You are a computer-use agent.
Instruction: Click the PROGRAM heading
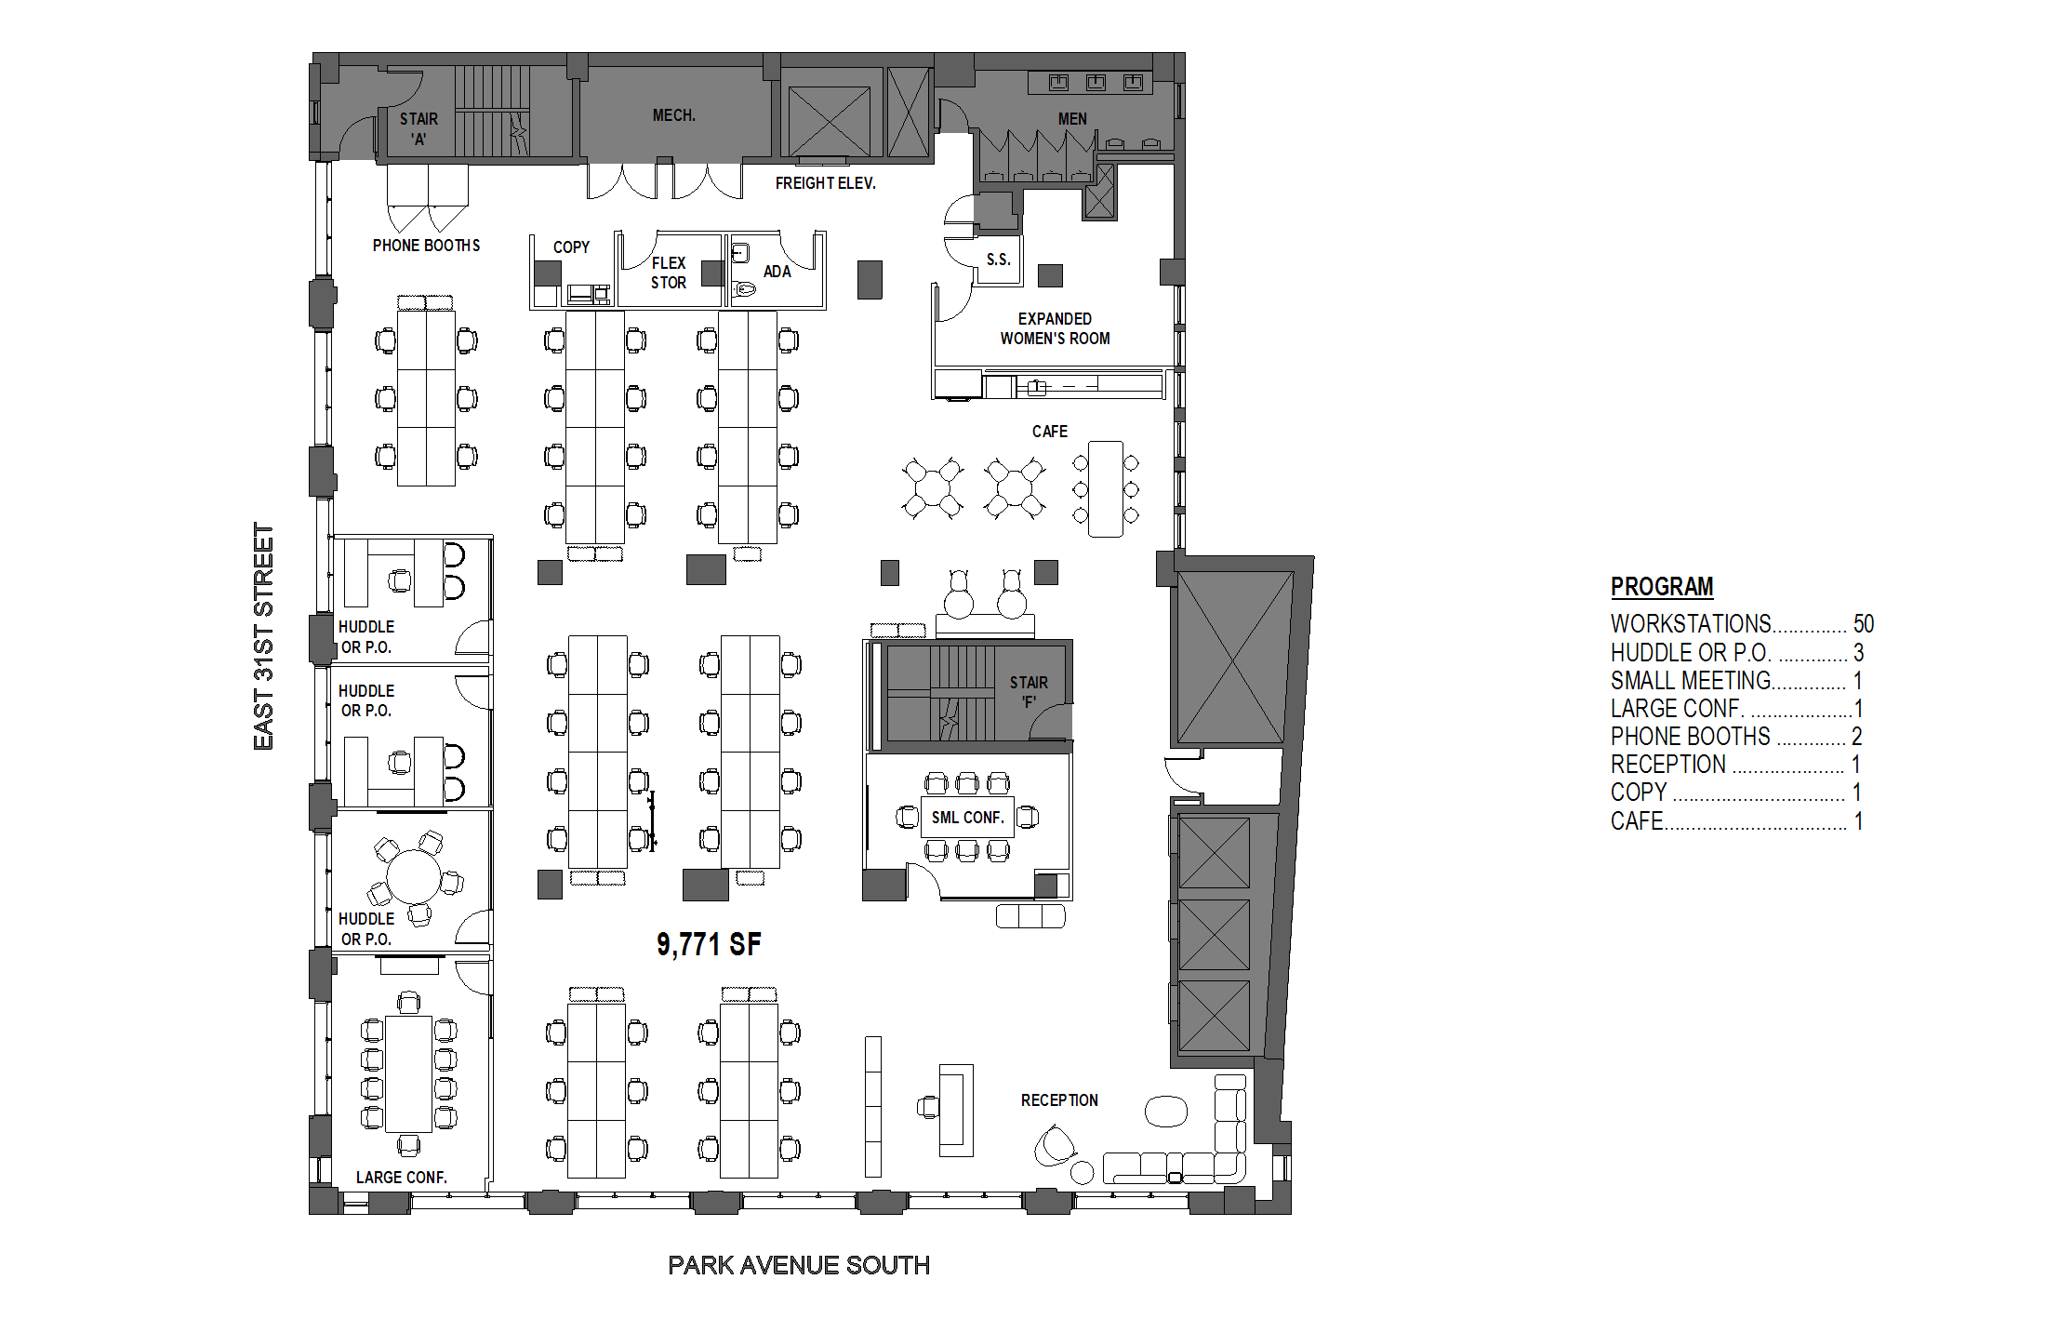tap(1662, 587)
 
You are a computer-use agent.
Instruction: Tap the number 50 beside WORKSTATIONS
tap(1864, 623)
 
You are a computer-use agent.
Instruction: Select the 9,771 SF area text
tap(709, 945)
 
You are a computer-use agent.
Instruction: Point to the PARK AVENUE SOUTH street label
tap(799, 1265)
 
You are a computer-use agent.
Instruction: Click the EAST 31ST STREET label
tap(264, 636)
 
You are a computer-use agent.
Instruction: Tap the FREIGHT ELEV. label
tap(826, 183)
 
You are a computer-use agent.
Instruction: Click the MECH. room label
tap(674, 115)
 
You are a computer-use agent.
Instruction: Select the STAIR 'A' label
tap(419, 129)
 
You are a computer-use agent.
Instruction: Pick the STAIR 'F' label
tap(1029, 692)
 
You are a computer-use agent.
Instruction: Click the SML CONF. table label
tap(968, 818)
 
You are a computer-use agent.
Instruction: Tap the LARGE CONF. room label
tap(402, 1178)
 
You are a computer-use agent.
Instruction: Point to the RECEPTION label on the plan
tap(1059, 1100)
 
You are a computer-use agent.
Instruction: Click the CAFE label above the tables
tap(1050, 432)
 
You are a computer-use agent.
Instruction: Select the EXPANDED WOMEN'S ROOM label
tap(1055, 328)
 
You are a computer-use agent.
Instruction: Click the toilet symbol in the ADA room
tap(743, 289)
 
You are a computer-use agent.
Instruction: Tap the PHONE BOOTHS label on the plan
tap(427, 246)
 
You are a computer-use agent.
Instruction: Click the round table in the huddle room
tap(414, 875)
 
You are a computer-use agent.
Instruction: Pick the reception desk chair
tap(928, 1107)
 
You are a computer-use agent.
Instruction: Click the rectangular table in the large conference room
tap(408, 1073)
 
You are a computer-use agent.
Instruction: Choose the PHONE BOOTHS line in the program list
tap(1736, 737)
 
